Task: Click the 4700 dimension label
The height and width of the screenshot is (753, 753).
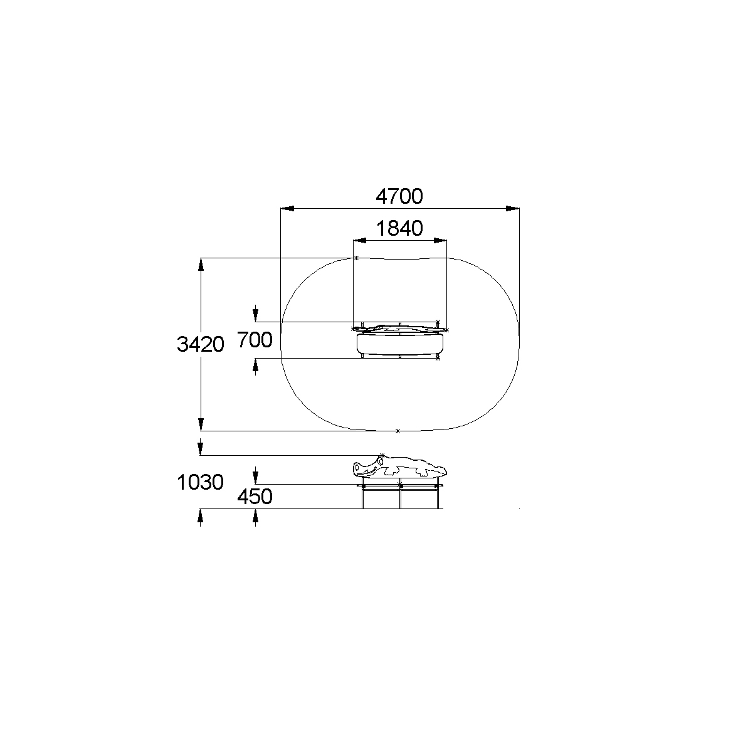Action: [x=399, y=196]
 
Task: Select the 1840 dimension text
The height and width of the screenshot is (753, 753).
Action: [x=399, y=228]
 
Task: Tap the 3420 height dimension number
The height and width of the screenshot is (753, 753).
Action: [x=201, y=344]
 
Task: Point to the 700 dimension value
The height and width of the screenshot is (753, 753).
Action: [x=255, y=340]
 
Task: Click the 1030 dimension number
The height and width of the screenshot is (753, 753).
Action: [x=201, y=482]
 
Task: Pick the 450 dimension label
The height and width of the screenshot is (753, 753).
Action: [x=255, y=497]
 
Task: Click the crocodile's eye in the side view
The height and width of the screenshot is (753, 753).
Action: [x=381, y=461]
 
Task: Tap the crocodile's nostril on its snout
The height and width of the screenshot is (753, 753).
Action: [x=357, y=466]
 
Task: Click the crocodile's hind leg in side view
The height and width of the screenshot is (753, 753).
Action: [x=421, y=471]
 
